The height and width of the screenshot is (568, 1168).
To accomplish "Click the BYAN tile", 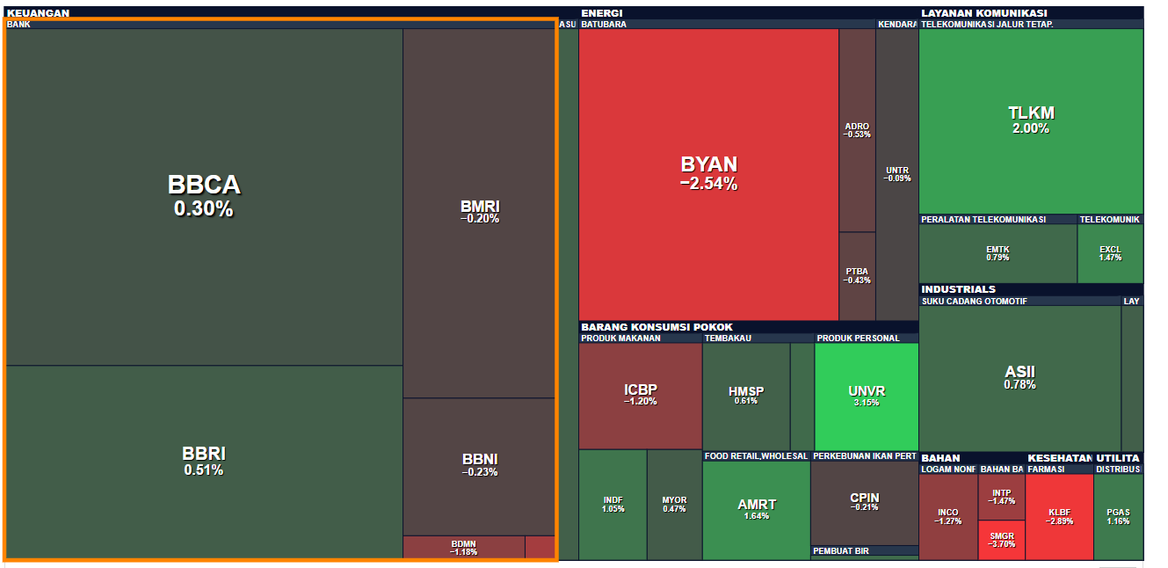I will pyautogui.click(x=708, y=173).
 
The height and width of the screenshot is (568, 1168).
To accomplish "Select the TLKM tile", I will pyautogui.click(x=1031, y=120).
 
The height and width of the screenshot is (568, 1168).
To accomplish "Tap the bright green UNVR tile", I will pyautogui.click(x=867, y=396).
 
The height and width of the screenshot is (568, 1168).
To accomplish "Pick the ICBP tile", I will pyautogui.click(x=640, y=395).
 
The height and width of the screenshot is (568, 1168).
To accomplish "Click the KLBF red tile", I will pyautogui.click(x=1059, y=517).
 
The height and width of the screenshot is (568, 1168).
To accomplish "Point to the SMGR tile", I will pyautogui.click(x=1001, y=540).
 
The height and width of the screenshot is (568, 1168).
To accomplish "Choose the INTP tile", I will pyautogui.click(x=1001, y=497).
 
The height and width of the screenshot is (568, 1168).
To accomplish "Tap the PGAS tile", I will pyautogui.click(x=1118, y=517).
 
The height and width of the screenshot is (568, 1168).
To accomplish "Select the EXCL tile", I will pyautogui.click(x=1110, y=253).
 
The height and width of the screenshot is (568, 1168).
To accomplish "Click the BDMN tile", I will pyautogui.click(x=463, y=547).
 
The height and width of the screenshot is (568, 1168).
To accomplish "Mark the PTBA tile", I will pyautogui.click(x=857, y=275).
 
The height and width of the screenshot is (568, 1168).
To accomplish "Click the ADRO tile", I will pyautogui.click(x=857, y=130).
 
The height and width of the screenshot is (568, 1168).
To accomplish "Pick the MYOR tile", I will pyautogui.click(x=674, y=504).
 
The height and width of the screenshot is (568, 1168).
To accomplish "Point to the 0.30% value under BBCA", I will pyautogui.click(x=204, y=209).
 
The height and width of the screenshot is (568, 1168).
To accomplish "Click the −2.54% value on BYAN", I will pyautogui.click(x=708, y=184).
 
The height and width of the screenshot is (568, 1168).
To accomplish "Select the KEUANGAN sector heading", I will pyautogui.click(x=38, y=13).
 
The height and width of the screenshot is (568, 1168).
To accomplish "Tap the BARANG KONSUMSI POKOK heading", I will pyautogui.click(x=657, y=327).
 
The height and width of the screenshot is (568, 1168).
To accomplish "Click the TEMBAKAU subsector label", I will pyautogui.click(x=728, y=339).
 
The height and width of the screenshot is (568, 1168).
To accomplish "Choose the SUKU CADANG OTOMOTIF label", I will pyautogui.click(x=974, y=302).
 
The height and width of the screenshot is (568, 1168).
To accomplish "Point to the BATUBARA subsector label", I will pyautogui.click(x=603, y=25).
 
